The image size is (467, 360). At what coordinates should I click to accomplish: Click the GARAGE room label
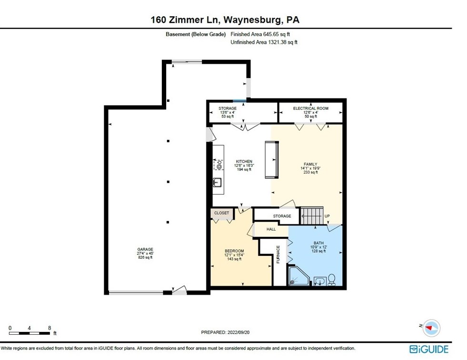(145, 249)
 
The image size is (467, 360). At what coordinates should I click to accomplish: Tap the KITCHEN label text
(244, 162)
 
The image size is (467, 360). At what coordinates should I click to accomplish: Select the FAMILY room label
(310, 164)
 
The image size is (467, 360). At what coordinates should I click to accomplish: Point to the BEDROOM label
(234, 251)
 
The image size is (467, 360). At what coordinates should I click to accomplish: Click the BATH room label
(318, 243)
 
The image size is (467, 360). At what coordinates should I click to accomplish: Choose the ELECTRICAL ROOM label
(311, 108)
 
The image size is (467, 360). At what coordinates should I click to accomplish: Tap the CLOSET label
(221, 213)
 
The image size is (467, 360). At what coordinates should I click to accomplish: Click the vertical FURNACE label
(278, 254)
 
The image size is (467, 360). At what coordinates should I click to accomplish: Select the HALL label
(271, 229)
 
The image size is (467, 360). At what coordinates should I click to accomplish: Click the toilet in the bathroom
(331, 280)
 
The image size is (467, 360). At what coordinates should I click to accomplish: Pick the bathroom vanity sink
(320, 281)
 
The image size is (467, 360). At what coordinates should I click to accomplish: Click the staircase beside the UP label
(311, 216)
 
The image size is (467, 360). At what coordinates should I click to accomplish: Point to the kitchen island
(272, 160)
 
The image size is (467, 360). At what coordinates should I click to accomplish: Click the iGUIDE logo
(429, 349)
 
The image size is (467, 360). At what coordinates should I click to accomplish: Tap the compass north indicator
(431, 328)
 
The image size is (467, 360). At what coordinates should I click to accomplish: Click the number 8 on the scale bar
(50, 328)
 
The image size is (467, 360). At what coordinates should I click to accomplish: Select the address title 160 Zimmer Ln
(185, 19)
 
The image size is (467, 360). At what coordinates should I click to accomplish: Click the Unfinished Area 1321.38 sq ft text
(264, 42)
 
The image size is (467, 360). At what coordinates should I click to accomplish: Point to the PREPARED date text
(225, 332)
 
